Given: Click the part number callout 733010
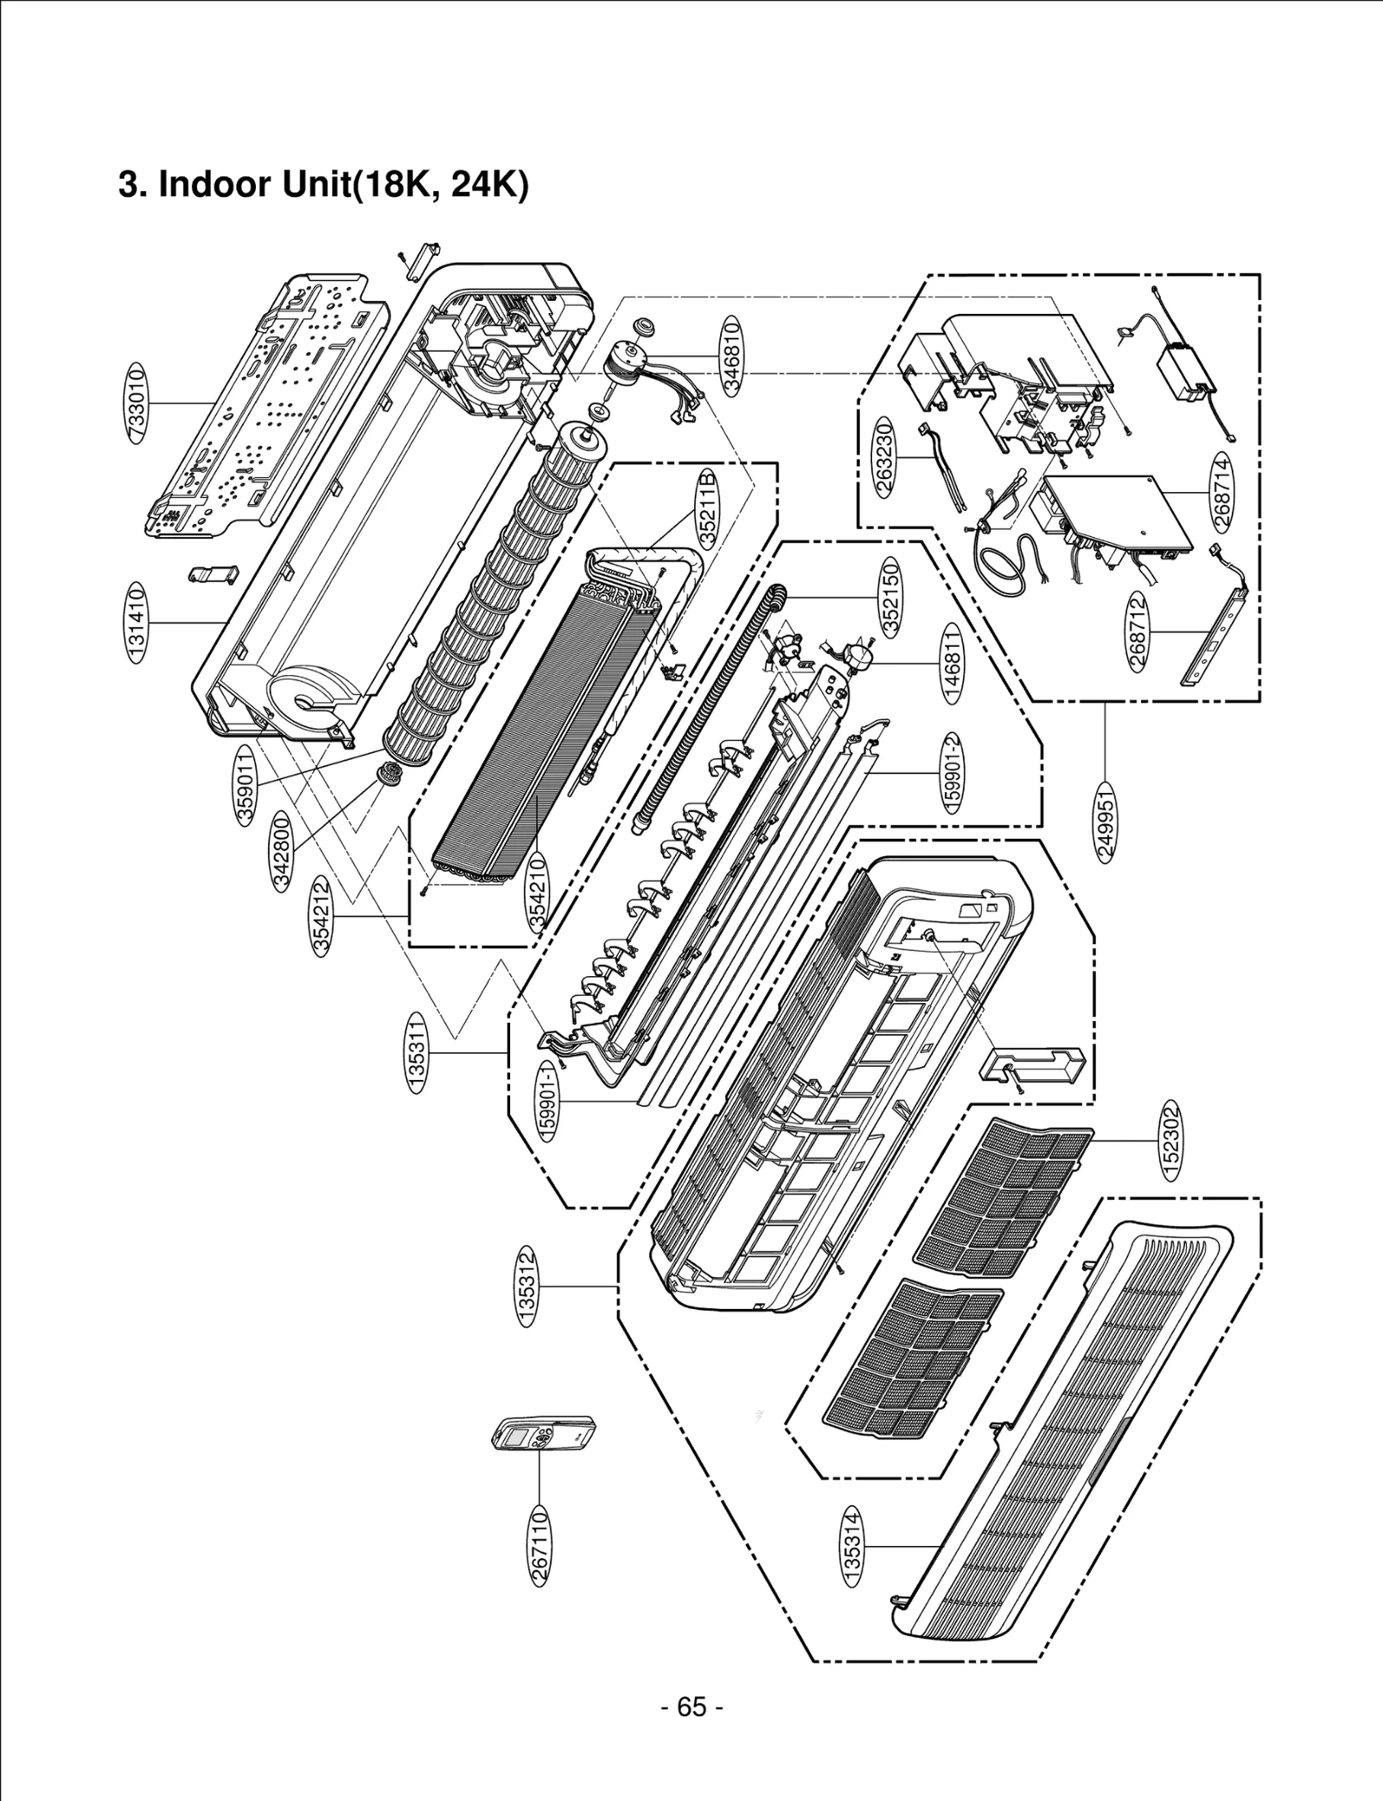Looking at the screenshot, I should pyautogui.click(x=135, y=403).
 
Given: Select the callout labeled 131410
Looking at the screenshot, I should pyautogui.click(x=135, y=623).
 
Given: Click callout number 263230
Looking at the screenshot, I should pyautogui.click(x=883, y=456).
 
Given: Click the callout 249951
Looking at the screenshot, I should pyautogui.click(x=1107, y=820).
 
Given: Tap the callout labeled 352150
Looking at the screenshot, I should pyautogui.click(x=889, y=597).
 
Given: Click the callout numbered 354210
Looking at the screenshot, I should pyautogui.click(x=538, y=891).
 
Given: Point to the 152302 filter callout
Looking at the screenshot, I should pyautogui.click(x=1173, y=1141).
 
